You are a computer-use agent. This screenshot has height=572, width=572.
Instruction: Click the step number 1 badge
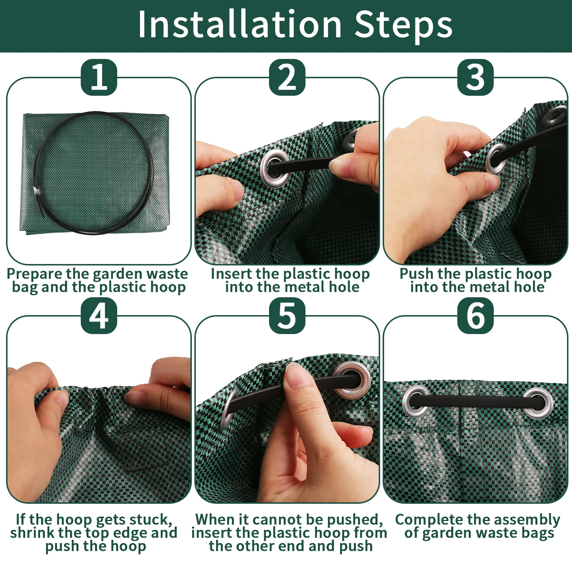point(99,77)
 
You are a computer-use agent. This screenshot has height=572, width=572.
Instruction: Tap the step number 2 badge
point(287,77)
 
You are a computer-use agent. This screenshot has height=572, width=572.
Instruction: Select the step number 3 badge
point(476,77)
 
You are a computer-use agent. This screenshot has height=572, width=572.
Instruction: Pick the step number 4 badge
point(99,316)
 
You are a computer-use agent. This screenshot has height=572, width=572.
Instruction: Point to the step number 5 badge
point(287,316)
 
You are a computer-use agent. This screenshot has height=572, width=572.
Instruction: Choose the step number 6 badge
point(476,316)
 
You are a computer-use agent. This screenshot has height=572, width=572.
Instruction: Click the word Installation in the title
point(240,24)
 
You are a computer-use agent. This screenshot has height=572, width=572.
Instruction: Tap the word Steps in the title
point(404,26)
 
